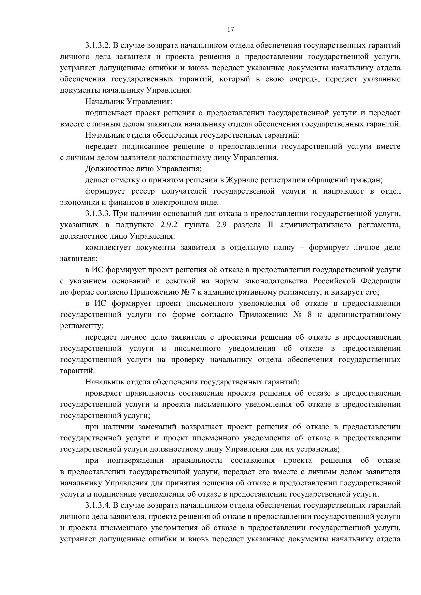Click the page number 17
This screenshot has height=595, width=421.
[x=230, y=29]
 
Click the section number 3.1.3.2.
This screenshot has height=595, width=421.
[x=98, y=46]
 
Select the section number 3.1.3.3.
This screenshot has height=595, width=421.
[x=98, y=214]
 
